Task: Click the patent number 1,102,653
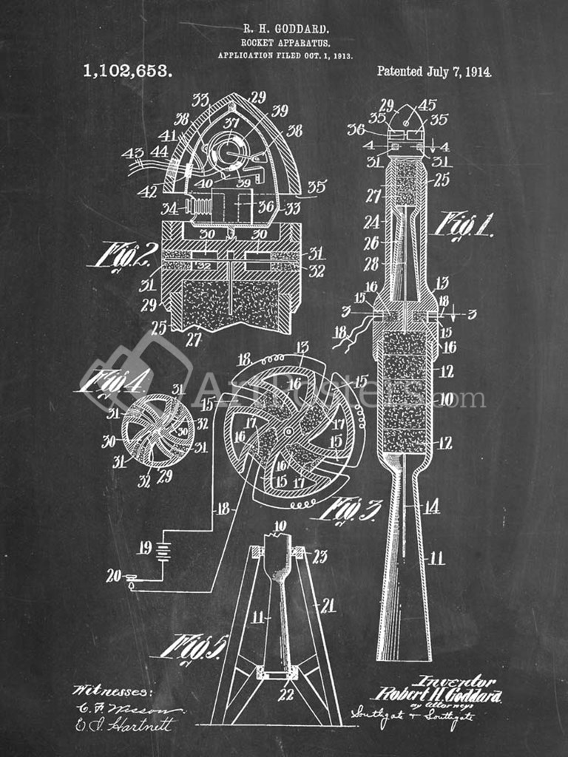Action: [x=127, y=71]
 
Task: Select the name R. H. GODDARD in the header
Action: [x=285, y=29]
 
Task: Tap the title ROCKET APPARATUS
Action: [x=285, y=43]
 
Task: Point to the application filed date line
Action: [x=285, y=55]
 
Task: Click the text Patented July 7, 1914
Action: [x=434, y=72]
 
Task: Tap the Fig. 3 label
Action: [x=350, y=509]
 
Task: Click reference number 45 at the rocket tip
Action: [x=427, y=105]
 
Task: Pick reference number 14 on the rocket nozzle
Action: [x=431, y=506]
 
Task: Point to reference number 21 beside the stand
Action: [x=327, y=605]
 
